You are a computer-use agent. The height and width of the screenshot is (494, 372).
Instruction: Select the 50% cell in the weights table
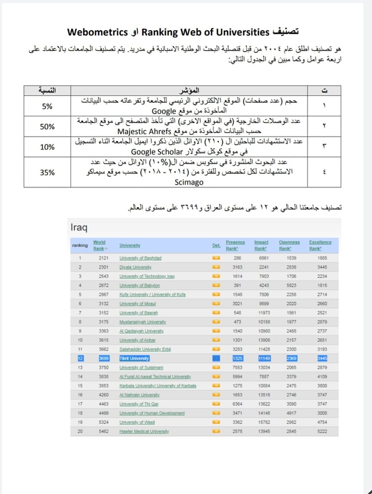47,126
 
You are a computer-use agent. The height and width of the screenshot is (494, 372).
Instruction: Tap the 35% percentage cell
47,172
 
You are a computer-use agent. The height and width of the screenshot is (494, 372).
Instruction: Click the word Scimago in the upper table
190,181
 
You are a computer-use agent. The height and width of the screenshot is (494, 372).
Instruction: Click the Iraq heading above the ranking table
79,227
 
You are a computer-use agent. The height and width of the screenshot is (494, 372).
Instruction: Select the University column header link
130,245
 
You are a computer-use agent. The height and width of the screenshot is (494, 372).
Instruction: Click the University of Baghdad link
140,258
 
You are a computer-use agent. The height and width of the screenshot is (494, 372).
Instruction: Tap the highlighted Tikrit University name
134,358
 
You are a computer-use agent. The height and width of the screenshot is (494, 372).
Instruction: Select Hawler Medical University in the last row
144,431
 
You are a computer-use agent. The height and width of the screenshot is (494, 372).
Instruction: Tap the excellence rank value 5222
322,431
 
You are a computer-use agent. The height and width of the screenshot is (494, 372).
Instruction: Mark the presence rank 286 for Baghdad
238,258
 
